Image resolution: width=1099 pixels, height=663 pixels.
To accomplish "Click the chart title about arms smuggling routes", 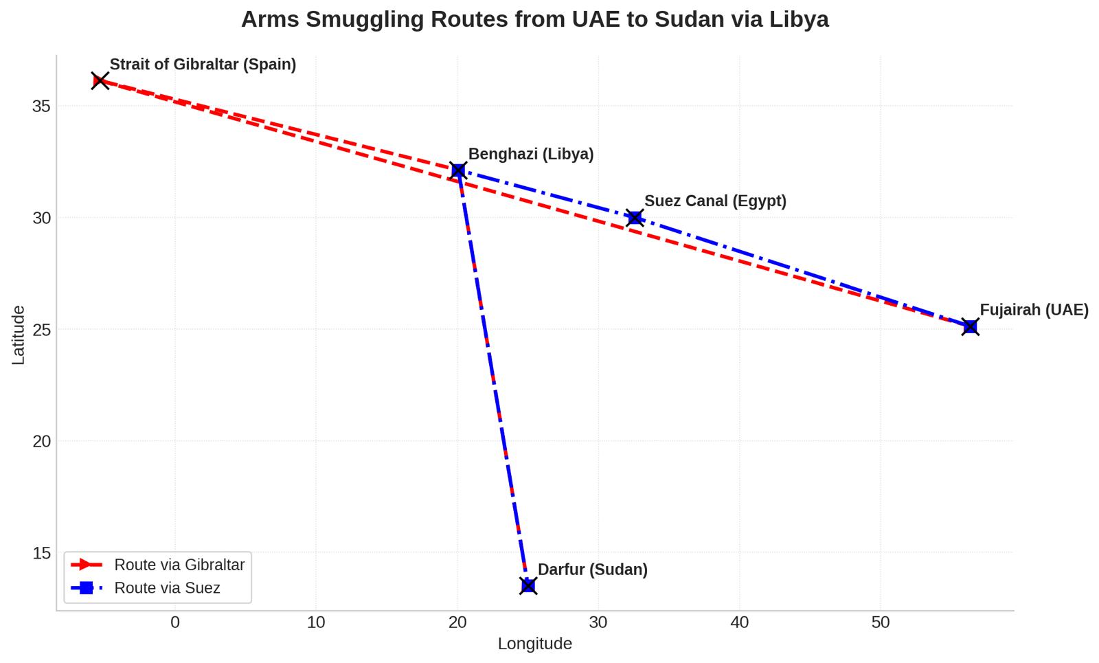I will coord(534,19).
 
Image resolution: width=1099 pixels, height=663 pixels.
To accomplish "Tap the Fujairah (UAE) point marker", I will coord(970,327).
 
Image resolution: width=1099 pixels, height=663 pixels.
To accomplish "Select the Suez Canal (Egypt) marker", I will coord(635,218).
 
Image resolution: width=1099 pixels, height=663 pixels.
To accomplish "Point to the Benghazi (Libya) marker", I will coord(458,170).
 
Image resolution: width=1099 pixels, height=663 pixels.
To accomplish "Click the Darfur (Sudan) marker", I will coord(528,585).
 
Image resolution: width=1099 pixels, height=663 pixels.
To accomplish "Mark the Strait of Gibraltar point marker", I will coord(100,81).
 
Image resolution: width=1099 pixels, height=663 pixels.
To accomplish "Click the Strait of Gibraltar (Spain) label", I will coord(203,65).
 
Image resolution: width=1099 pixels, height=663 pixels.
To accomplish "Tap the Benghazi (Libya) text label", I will coord(530,155).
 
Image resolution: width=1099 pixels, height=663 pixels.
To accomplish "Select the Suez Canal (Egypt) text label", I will coord(715,201).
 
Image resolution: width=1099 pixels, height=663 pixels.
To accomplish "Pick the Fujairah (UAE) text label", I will coord(1034,311).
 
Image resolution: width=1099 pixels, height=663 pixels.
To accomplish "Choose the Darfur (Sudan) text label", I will coord(592,570).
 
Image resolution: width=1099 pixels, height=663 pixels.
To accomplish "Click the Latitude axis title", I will coord(19,335).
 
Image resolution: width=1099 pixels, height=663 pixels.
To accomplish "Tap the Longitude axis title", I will coord(534,644).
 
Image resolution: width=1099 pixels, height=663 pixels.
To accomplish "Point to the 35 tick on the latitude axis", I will coord(41,106).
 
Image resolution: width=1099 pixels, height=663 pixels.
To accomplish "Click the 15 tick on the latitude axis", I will coord(41,553).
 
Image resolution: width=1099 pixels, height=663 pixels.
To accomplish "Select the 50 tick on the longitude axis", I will coord(880,623).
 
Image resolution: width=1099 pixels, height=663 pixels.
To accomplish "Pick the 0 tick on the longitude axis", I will coord(175,623).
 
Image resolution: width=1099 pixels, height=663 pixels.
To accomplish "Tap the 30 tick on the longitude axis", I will coord(598,623).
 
